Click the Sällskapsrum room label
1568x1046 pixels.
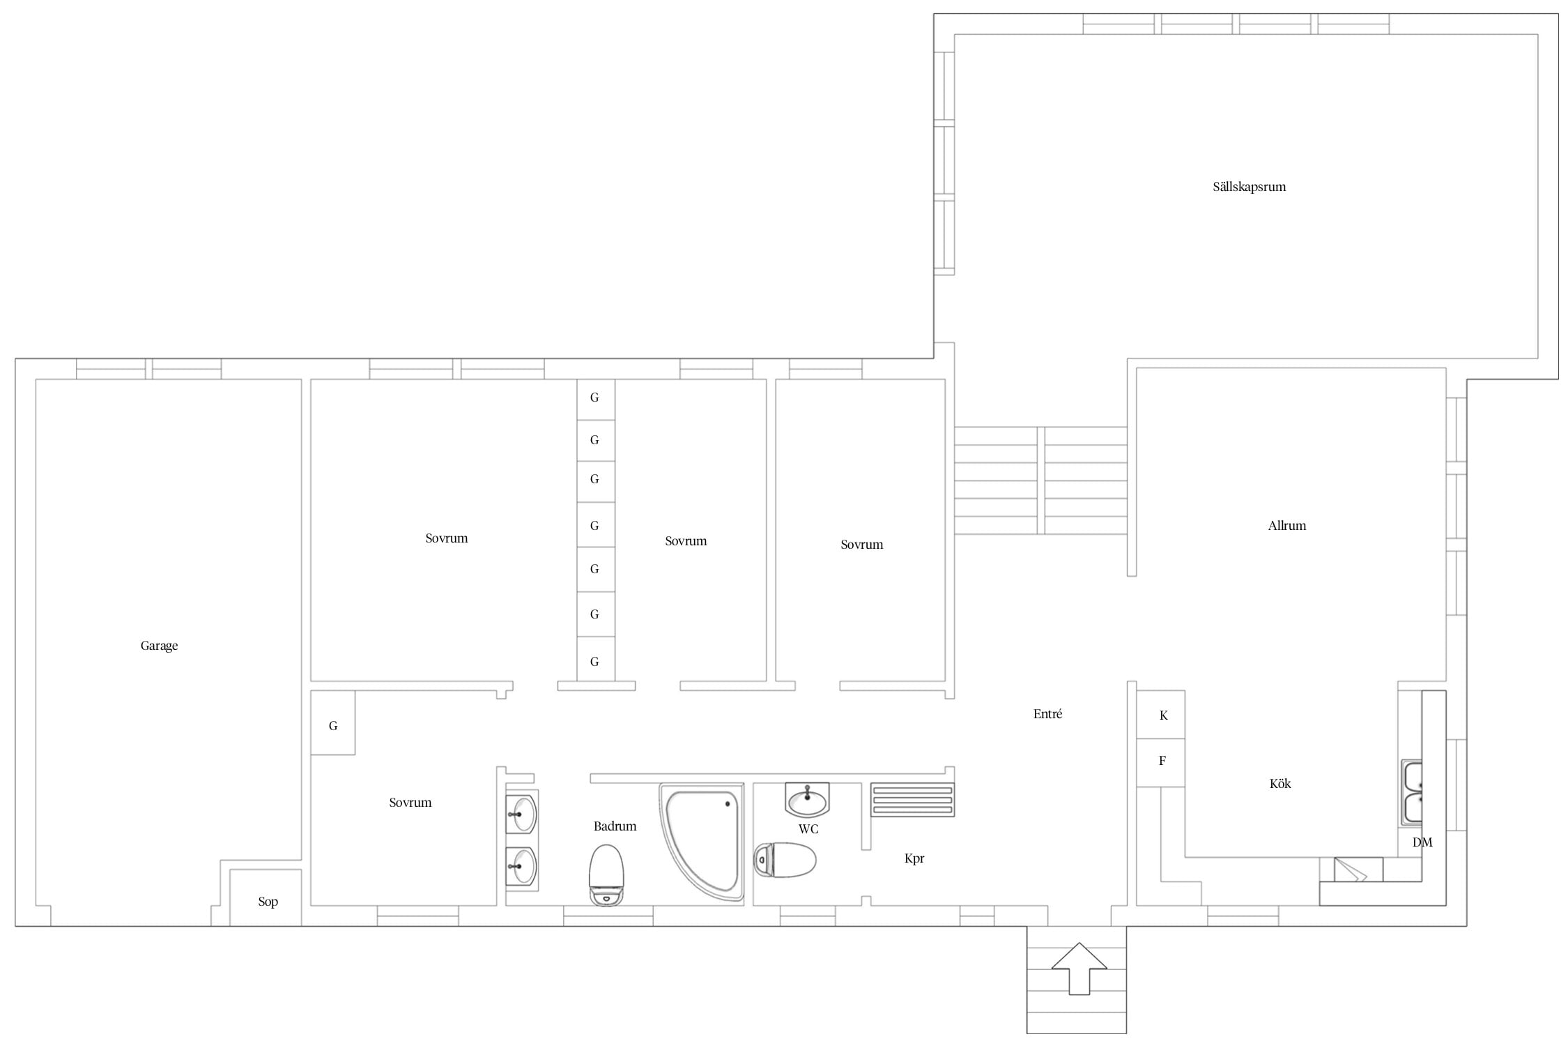(x=1249, y=187)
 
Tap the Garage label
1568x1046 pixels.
(x=159, y=646)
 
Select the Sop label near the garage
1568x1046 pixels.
(x=268, y=902)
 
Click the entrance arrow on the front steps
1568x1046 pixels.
(x=1079, y=969)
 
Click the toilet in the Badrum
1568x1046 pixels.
(x=606, y=875)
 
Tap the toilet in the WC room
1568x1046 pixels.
(x=785, y=860)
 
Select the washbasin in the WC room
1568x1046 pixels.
(x=807, y=799)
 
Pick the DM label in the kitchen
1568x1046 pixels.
(x=1422, y=842)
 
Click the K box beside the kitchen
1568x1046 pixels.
(x=1161, y=715)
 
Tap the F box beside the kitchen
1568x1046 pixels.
(x=1161, y=762)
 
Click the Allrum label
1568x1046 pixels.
(x=1287, y=526)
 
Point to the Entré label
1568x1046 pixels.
(x=1047, y=714)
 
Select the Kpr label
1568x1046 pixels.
(x=914, y=859)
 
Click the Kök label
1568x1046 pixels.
(x=1280, y=784)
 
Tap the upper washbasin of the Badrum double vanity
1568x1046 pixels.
(x=521, y=813)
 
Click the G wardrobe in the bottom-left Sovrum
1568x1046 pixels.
(x=333, y=722)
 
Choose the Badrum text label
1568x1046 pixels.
(x=615, y=826)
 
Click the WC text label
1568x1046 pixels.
(x=808, y=829)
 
